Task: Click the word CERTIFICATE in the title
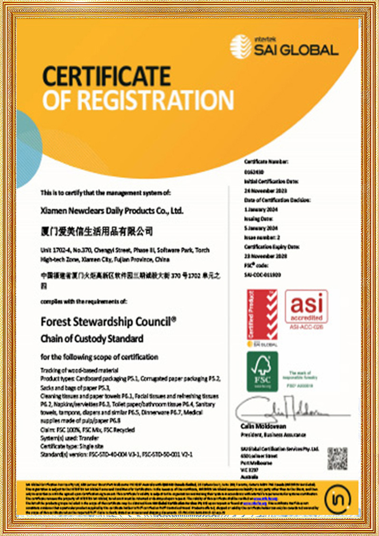[x=106, y=76]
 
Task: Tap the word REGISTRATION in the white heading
[x=155, y=100]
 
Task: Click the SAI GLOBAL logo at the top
[x=284, y=47]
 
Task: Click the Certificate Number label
[x=266, y=162]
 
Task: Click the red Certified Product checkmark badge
[x=262, y=315]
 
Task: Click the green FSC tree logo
[x=262, y=371]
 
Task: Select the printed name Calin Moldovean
[x=263, y=426]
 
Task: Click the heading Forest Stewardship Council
[x=109, y=322]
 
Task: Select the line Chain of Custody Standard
[x=92, y=339]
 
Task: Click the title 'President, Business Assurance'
[x=273, y=434]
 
